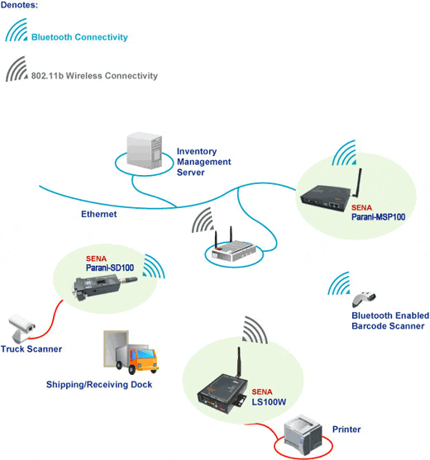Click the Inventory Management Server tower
tap(144, 150)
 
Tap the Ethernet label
tap(98, 214)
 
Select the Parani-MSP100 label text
tap(378, 217)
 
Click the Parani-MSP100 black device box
tap(326, 198)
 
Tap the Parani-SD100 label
tap(109, 268)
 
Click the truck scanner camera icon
tap(21, 329)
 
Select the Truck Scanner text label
tap(31, 349)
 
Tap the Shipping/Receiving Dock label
tap(99, 385)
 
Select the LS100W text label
tap(269, 402)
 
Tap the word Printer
tap(346, 429)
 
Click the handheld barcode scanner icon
tap(364, 299)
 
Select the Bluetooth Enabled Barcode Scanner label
tap(390, 320)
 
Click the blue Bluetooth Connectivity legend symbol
tap(17, 30)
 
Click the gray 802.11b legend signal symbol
tap(17, 69)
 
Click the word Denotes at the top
tap(19, 5)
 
